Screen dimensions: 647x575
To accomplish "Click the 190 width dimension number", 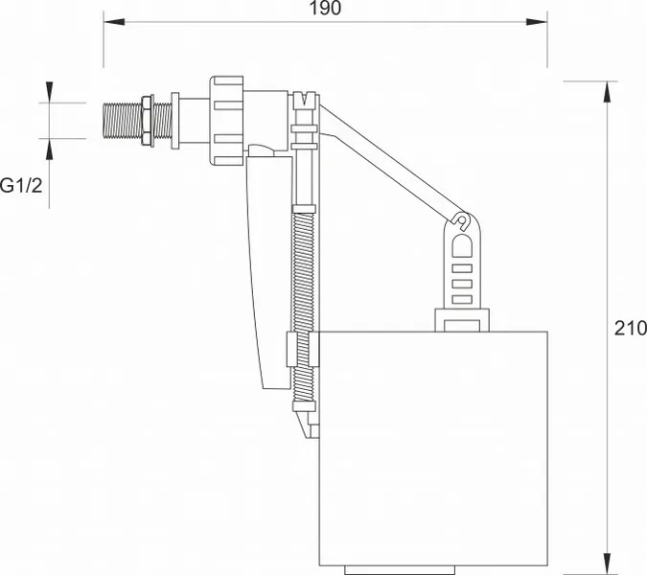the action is (326, 9).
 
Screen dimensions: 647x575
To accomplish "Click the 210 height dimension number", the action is (631, 329).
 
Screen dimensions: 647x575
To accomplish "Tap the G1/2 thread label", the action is (21, 186).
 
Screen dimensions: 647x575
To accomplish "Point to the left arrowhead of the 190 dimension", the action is (114, 21).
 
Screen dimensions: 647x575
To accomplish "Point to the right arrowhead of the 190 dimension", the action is (537, 21).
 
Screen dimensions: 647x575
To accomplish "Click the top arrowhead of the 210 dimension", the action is (607, 92).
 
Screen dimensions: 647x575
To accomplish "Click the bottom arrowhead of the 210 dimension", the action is (607, 563).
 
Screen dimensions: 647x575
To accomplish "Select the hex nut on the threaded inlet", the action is (148, 121).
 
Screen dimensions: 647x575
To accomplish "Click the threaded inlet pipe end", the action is (122, 121).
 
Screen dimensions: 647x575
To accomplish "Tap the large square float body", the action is (433, 448).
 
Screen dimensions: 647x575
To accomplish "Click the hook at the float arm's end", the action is (462, 220).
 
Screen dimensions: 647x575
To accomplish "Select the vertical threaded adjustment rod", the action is (303, 305).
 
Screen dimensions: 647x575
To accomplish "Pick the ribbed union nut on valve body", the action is (226, 121).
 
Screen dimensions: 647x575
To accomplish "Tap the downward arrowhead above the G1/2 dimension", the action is (50, 92).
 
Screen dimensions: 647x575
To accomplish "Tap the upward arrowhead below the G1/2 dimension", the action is (50, 149).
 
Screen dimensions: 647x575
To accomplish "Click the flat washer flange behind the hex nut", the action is (175, 121).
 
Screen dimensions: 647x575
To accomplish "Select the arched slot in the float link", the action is (462, 246).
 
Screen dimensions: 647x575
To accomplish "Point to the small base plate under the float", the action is (400, 570).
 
